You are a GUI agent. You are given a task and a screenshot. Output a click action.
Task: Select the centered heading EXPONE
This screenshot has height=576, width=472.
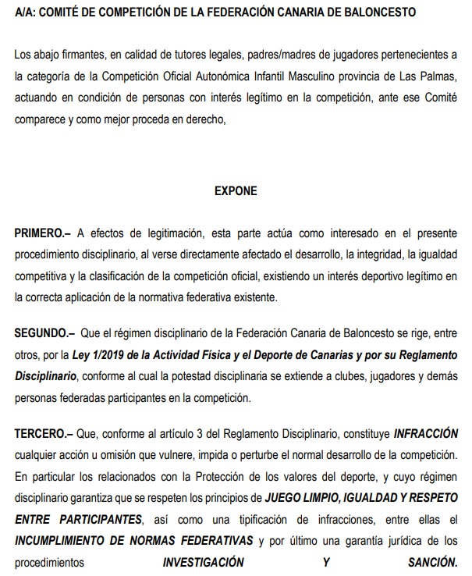click(236, 190)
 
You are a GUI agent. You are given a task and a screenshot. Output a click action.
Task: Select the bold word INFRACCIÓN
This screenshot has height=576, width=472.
click(425, 433)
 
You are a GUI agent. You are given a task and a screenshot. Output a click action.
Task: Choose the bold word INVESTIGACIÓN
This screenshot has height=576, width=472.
click(203, 561)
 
